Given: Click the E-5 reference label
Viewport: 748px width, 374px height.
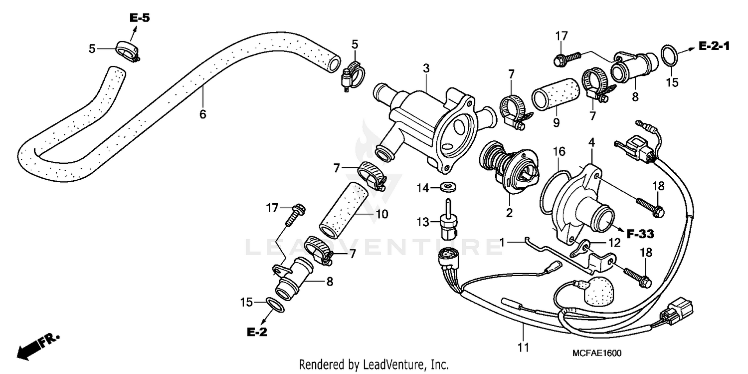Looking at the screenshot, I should coord(140,18).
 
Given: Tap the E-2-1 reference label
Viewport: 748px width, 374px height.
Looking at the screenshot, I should coord(714,46).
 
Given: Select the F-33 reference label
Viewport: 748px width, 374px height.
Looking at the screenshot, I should coord(640,233).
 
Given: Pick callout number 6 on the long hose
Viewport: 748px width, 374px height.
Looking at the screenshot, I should coord(202,114).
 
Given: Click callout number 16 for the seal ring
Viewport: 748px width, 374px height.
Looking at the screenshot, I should coord(558,150).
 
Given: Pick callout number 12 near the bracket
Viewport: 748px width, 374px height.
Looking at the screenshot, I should coord(614,243).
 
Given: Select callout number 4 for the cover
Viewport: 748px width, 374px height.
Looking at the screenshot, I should coord(591,142).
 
